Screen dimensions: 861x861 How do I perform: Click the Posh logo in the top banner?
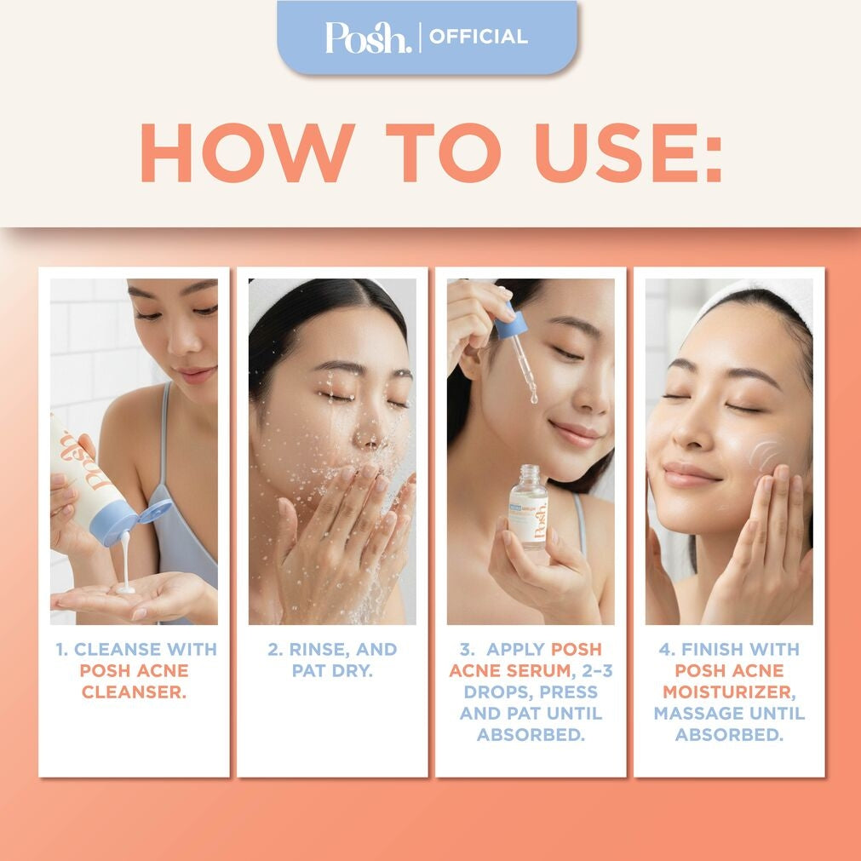(x=368, y=37)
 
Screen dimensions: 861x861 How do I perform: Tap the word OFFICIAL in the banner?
(x=479, y=37)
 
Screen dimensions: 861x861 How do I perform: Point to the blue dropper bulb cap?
(x=511, y=322)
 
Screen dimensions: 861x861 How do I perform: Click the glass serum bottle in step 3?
(x=529, y=507)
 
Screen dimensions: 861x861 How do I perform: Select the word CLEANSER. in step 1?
(x=134, y=692)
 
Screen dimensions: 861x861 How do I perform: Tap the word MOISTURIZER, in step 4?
(x=729, y=692)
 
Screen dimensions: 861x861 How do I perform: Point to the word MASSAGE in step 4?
(x=693, y=713)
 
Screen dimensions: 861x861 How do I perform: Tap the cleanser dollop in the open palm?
(x=126, y=588)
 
